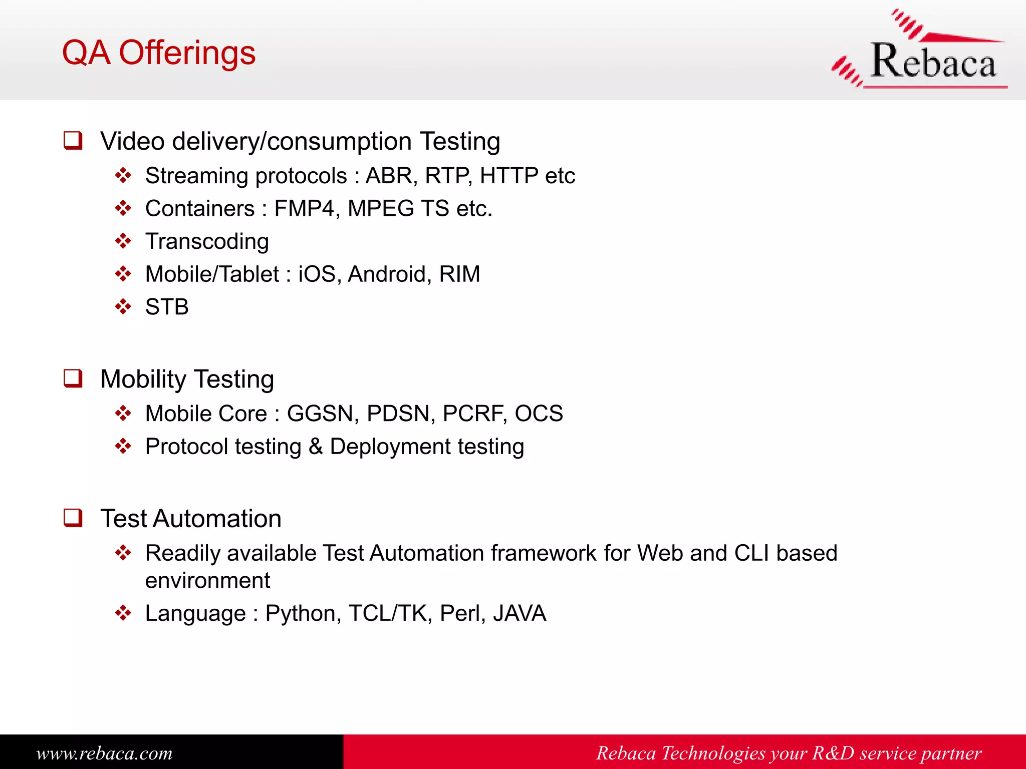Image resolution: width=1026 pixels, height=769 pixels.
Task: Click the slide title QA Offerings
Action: (158, 53)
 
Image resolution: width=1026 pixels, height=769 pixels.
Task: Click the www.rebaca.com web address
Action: (104, 753)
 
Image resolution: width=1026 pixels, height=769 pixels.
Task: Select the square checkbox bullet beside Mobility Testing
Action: (73, 378)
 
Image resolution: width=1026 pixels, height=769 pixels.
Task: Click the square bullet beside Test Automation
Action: (73, 518)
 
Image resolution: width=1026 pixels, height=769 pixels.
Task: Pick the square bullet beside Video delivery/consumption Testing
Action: (73, 140)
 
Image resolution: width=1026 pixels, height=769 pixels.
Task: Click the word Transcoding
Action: (207, 241)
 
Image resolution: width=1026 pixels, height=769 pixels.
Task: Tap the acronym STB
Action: (167, 307)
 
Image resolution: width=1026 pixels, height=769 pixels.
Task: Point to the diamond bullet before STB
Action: (123, 306)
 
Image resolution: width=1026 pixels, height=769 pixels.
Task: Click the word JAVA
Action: (520, 613)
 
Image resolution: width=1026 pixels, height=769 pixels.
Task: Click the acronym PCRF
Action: (473, 414)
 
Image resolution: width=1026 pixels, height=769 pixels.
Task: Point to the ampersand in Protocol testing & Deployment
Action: (316, 447)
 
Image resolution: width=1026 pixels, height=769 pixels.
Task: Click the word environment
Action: (207, 581)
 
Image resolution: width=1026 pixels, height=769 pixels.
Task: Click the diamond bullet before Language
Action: (123, 613)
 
